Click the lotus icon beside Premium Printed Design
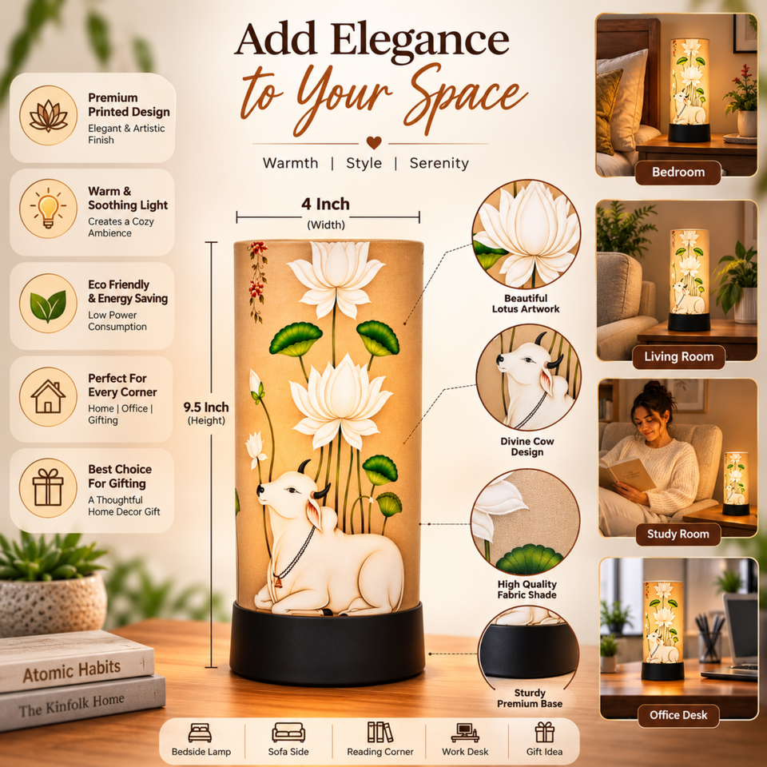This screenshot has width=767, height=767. click(x=48, y=115)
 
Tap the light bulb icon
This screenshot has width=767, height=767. click(x=48, y=209)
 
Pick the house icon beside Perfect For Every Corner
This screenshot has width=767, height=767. click(x=48, y=397)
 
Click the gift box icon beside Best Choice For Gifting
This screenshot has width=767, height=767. click(x=48, y=487)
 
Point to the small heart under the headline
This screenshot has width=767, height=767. click(x=374, y=142)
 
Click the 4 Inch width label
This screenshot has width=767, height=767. click(x=325, y=204)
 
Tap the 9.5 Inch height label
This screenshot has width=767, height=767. click(x=206, y=407)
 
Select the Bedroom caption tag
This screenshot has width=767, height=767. click(x=678, y=173)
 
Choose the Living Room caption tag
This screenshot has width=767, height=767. click(x=678, y=356)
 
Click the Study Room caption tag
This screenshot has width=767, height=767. click(x=678, y=534)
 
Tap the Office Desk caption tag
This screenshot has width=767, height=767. click(x=678, y=715)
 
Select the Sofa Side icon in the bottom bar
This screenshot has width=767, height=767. click(x=288, y=733)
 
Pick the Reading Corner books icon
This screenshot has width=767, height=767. click(x=380, y=733)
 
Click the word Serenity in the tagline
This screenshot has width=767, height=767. click(x=439, y=163)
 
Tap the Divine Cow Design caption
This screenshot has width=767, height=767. click(x=527, y=446)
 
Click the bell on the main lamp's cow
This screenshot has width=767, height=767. click(x=277, y=582)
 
